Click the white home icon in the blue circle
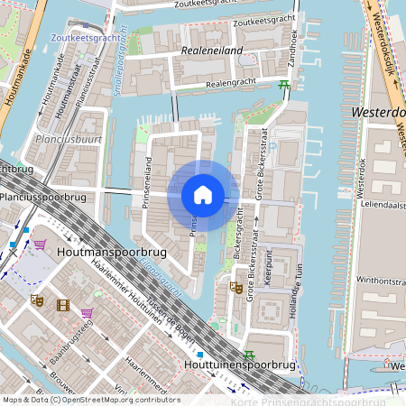pyautogui.click(x=203, y=195)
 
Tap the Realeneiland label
pyautogui.click(x=212, y=51)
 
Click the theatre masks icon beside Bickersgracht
pyautogui.click(x=236, y=289)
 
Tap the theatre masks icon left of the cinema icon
pyautogui.click(x=37, y=300)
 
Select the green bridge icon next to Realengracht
pyautogui.click(x=284, y=87)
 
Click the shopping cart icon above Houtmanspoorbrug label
pyautogui.click(x=40, y=245)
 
